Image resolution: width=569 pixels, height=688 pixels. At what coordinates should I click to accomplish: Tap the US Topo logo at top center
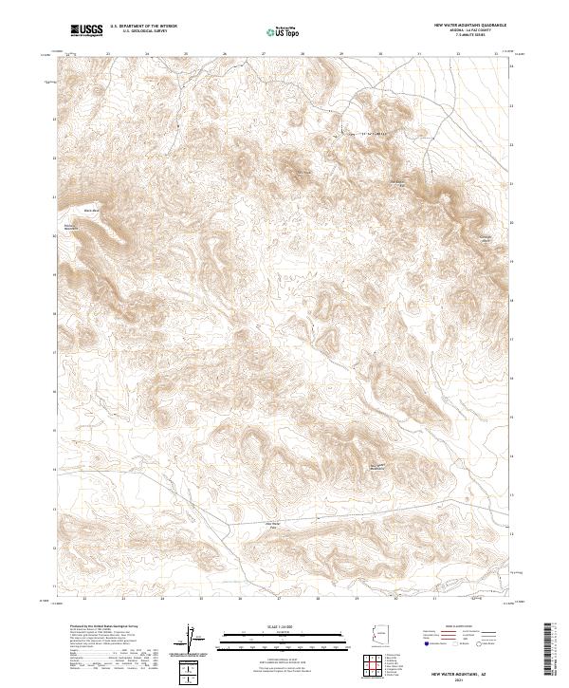click(275, 32)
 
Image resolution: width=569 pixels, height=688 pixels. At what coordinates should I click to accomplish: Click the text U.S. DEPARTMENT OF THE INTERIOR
click(143, 28)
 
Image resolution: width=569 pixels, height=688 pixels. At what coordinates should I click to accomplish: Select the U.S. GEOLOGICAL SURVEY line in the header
click(143, 32)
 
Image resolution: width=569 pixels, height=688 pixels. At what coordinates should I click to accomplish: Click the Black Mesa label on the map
click(91, 210)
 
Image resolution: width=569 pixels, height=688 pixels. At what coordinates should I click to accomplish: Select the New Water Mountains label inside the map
click(377, 466)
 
